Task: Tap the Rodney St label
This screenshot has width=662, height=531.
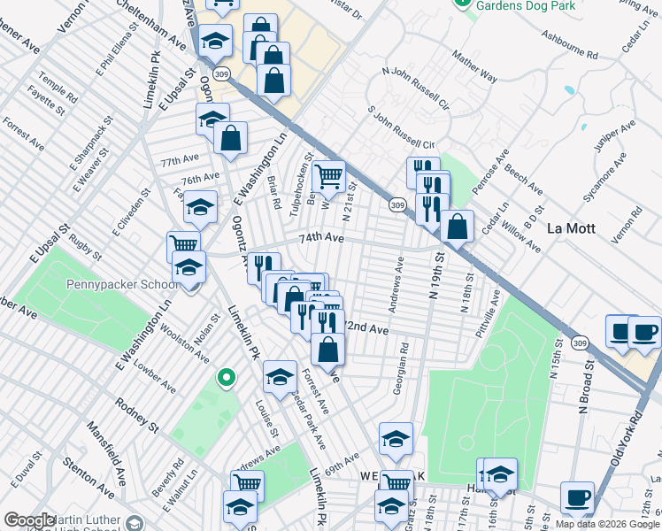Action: [x=136, y=416]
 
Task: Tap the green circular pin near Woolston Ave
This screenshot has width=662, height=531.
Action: [x=226, y=378]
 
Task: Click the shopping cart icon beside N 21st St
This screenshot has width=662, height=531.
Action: [x=329, y=175]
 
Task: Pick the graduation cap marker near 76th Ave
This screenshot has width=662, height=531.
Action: [x=201, y=207]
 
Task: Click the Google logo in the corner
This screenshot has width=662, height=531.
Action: [x=29, y=520]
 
